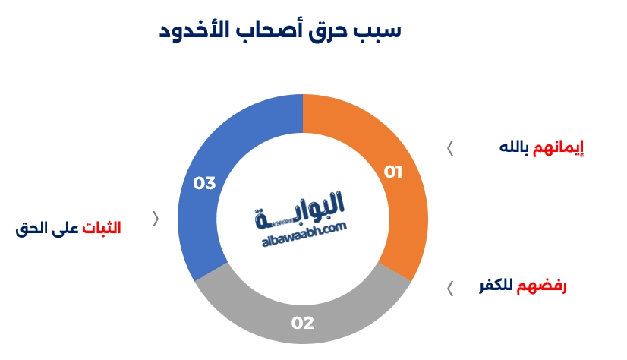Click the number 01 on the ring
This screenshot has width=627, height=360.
coord(392,172)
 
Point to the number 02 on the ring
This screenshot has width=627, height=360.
coord(302,323)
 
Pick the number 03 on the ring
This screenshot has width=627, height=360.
coord(205,184)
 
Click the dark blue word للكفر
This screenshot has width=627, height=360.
coord(495,287)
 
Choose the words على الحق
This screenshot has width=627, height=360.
coord(47,228)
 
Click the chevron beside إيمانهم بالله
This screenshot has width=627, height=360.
coord(450,148)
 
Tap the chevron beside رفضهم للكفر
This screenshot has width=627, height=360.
coord(450,288)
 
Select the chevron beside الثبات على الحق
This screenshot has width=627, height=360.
coord(156,219)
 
